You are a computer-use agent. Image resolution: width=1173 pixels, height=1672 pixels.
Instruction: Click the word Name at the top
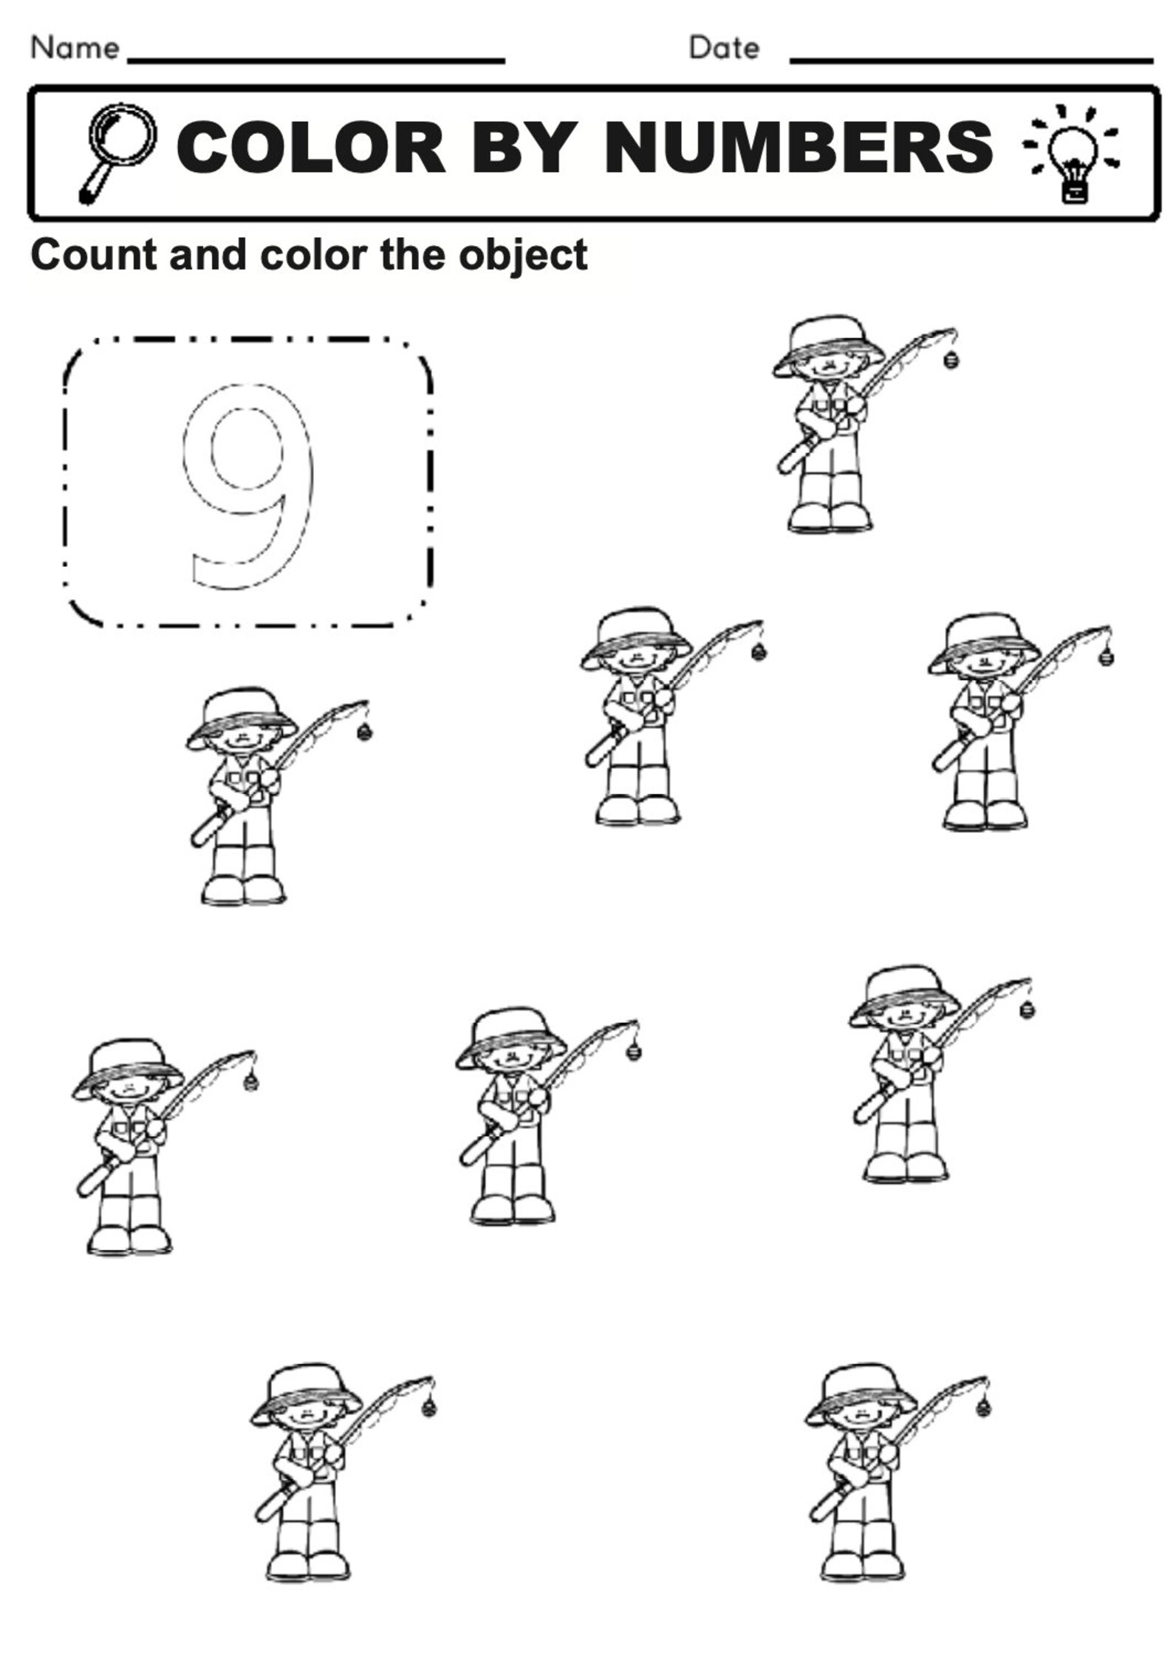coord(75,48)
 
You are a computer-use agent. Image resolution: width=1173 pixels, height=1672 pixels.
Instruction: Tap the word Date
coord(723,48)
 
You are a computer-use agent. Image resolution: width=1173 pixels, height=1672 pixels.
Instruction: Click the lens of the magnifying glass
coord(123,134)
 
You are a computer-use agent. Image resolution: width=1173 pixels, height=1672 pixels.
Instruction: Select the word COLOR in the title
coord(310,148)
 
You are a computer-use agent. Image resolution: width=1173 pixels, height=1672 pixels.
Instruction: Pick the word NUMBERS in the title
coord(798,148)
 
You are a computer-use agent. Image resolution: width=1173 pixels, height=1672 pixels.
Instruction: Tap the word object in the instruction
coord(522,256)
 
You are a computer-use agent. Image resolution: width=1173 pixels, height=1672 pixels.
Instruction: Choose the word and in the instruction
coord(208,255)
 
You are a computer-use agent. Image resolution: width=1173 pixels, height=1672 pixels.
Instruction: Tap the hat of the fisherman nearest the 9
coord(241,713)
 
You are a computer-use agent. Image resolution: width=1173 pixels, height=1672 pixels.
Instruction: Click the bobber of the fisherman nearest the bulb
coord(950,361)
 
